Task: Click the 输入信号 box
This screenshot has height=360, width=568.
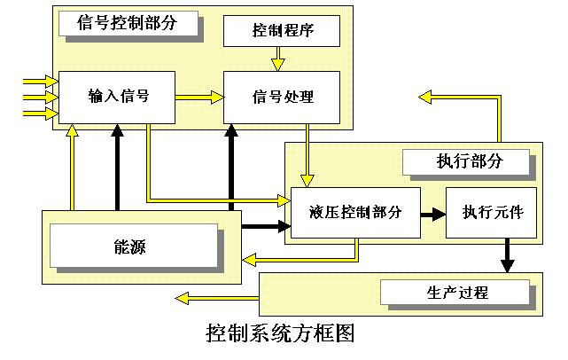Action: coord(117,96)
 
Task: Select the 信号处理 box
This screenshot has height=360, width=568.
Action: coord(281,96)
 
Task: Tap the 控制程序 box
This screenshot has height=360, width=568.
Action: coord(281,32)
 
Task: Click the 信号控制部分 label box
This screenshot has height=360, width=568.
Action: coord(128,23)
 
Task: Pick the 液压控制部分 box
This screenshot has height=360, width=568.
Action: coord(355,213)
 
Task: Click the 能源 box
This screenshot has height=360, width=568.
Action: coord(133,247)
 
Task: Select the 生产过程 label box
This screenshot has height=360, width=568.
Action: coord(455,291)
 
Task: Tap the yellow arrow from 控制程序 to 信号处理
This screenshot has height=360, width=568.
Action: coord(278,59)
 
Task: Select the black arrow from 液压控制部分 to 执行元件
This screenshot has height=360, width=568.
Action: coord(432,214)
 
